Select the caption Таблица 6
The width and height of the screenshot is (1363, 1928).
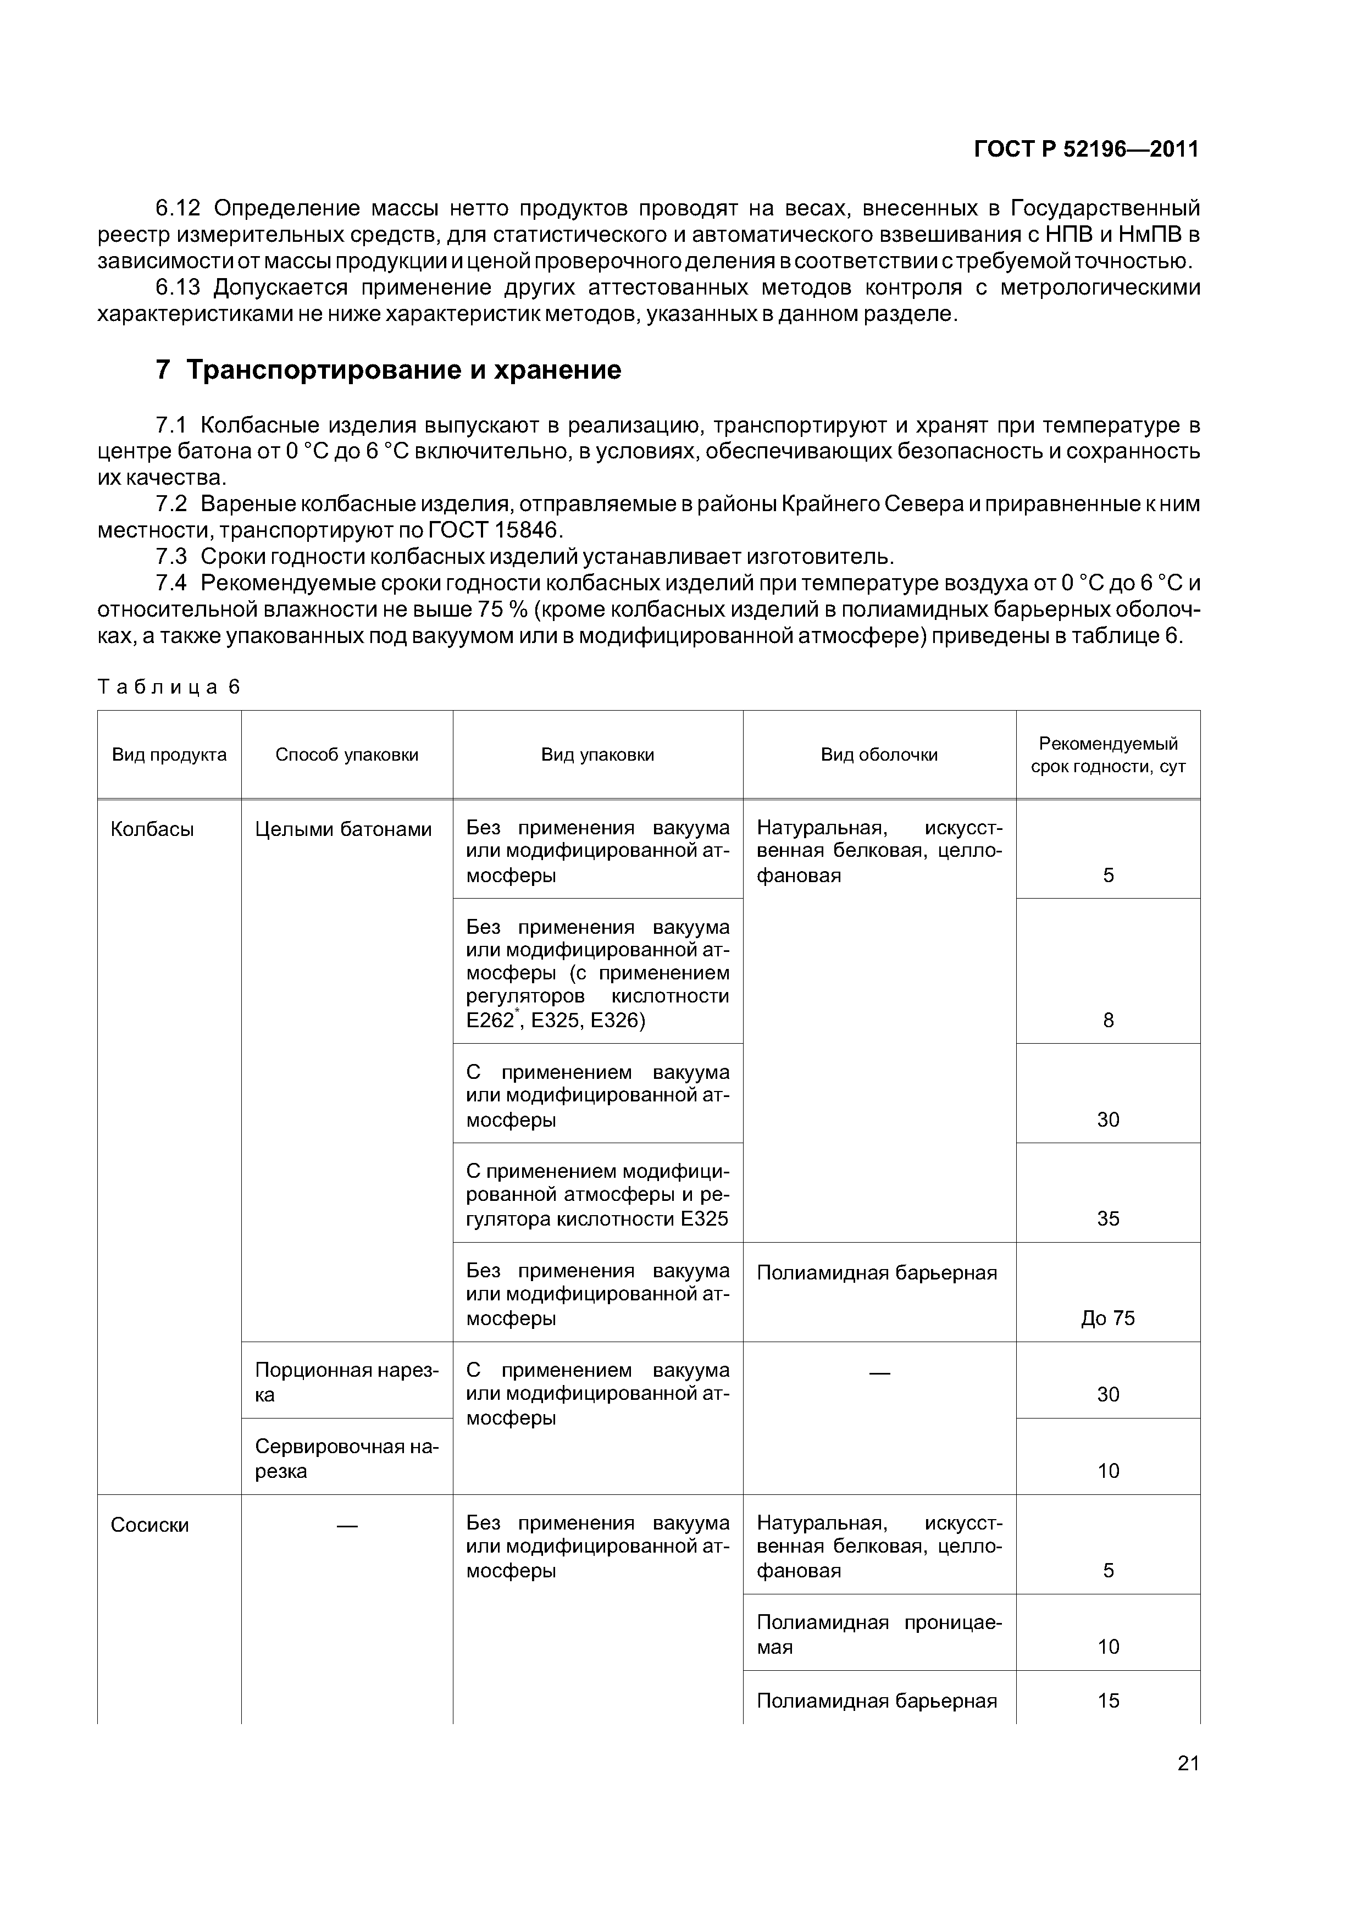point(169,687)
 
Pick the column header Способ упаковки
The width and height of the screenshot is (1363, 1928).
point(347,754)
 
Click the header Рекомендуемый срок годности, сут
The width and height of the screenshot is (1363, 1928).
point(1107,754)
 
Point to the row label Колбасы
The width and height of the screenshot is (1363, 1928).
point(152,829)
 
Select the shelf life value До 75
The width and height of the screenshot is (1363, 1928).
point(1107,1317)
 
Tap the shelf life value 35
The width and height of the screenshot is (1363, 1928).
point(1107,1217)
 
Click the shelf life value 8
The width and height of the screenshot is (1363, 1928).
point(1107,1020)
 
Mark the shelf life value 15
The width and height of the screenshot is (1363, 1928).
point(1107,1700)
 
